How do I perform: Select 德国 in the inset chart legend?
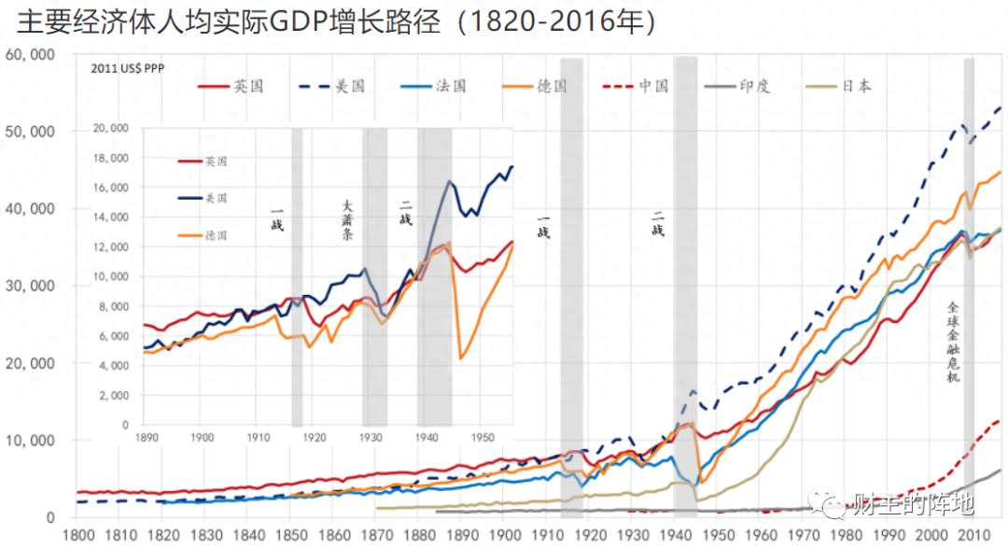pos(216,235)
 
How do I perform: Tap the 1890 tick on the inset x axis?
pos(145,437)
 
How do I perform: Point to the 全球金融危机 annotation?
pos(953,341)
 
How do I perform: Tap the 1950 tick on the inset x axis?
pos(482,437)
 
